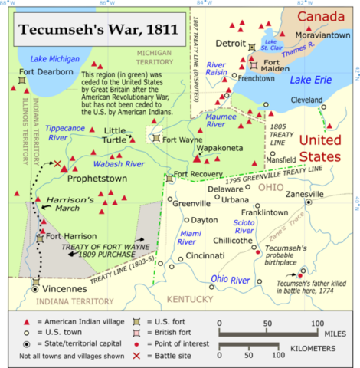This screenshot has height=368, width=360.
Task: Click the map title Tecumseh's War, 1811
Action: click(x=98, y=31)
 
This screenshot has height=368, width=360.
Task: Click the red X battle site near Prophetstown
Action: click(x=57, y=163)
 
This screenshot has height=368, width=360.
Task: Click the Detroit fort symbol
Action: click(x=254, y=48)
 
